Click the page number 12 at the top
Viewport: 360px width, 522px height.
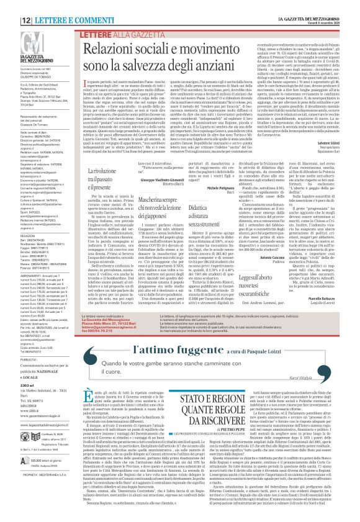(x=11, y=4)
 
